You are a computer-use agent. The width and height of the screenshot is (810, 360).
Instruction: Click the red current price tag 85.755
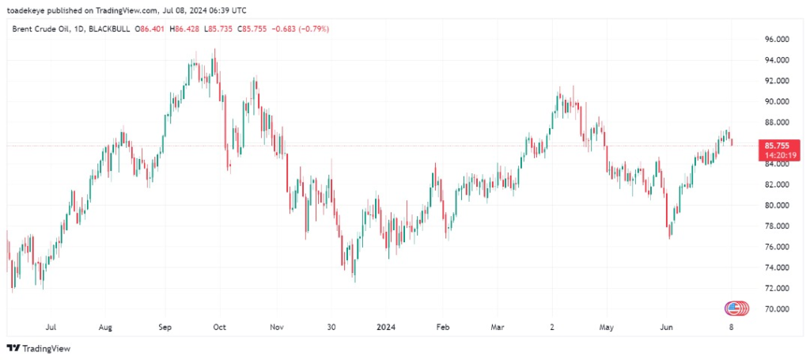point(775,146)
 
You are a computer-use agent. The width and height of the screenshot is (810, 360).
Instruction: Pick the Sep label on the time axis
point(165,327)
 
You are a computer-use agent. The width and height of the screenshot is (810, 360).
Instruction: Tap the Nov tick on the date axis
point(276,327)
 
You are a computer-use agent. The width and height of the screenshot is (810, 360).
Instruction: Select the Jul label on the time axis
point(51,327)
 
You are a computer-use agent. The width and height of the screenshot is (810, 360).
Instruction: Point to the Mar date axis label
point(497,327)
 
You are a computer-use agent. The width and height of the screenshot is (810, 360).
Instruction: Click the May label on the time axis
point(607,327)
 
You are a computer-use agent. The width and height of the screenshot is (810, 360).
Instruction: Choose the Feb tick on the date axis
point(443,327)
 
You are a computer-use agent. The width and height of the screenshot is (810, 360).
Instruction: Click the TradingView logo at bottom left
point(39,348)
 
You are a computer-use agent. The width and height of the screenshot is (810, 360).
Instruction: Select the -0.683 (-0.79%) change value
point(300,28)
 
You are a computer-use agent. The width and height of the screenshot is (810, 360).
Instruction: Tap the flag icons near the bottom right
point(736,308)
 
